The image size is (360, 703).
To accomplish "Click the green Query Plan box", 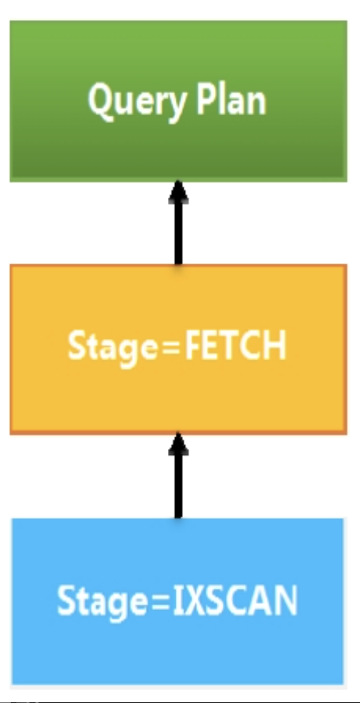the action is click(179, 101).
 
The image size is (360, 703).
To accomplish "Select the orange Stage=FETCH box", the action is click(179, 349).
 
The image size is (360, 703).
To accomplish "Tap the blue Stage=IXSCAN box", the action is click(178, 602).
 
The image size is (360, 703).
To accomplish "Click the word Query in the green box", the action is click(136, 102).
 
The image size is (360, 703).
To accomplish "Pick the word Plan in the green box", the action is click(231, 99).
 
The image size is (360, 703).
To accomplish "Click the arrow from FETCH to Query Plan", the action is click(179, 223).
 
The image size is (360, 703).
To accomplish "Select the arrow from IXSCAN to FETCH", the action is click(179, 476).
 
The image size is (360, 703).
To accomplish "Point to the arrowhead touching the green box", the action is click(179, 192).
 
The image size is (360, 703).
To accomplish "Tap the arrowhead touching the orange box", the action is click(179, 444).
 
